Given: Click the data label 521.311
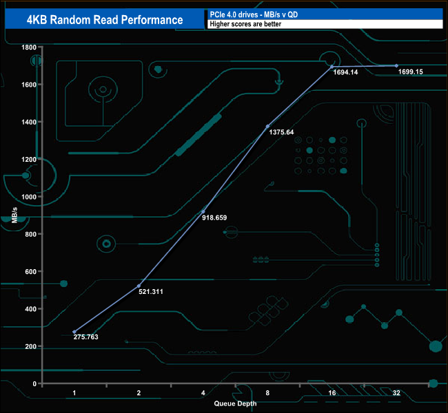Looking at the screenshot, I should [x=151, y=291].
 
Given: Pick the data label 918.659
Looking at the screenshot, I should [x=214, y=218].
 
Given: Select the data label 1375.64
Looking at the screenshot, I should [x=280, y=132].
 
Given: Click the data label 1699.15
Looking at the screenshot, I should [x=411, y=72].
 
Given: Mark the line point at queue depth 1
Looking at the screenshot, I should [x=74, y=332].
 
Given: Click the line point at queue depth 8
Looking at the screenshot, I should [x=267, y=126].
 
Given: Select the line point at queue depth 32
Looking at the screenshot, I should [x=396, y=65].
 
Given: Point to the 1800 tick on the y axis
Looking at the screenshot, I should [x=28, y=47].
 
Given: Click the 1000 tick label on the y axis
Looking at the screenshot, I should [x=28, y=197].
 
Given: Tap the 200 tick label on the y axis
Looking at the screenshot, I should [x=30, y=346].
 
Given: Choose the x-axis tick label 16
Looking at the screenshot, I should [x=332, y=392].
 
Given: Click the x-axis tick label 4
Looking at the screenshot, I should [x=203, y=392].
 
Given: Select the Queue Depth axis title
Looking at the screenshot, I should [x=235, y=403].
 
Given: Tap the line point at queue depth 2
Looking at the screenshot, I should [x=139, y=286].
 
